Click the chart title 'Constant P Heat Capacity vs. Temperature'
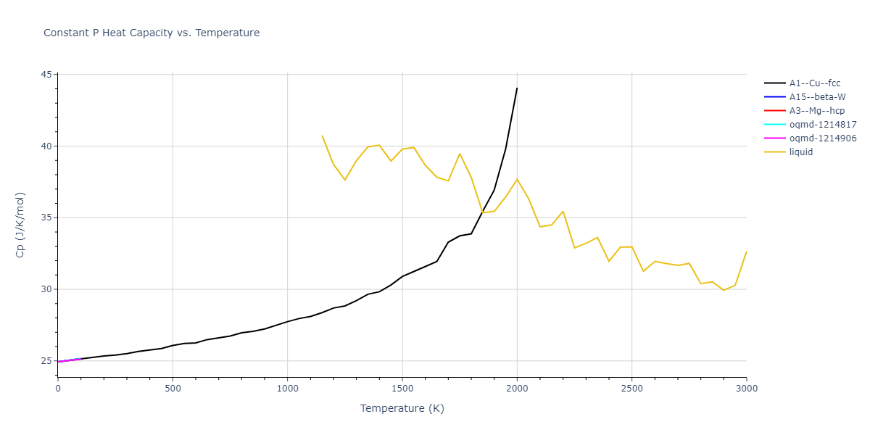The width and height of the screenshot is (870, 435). click(x=152, y=33)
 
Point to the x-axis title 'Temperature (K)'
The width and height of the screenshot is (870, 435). click(x=402, y=408)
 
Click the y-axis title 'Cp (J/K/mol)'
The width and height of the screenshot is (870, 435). click(x=20, y=225)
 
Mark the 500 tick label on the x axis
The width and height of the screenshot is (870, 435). click(x=173, y=388)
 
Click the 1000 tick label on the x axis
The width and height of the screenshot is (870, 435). click(x=287, y=388)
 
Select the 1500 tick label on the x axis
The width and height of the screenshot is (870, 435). click(x=402, y=388)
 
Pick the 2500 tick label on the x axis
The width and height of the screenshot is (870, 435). click(x=631, y=388)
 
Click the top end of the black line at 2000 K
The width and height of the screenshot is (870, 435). click(x=517, y=88)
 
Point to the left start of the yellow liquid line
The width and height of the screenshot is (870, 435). click(x=322, y=136)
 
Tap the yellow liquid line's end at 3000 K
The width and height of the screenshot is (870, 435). click(x=746, y=252)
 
